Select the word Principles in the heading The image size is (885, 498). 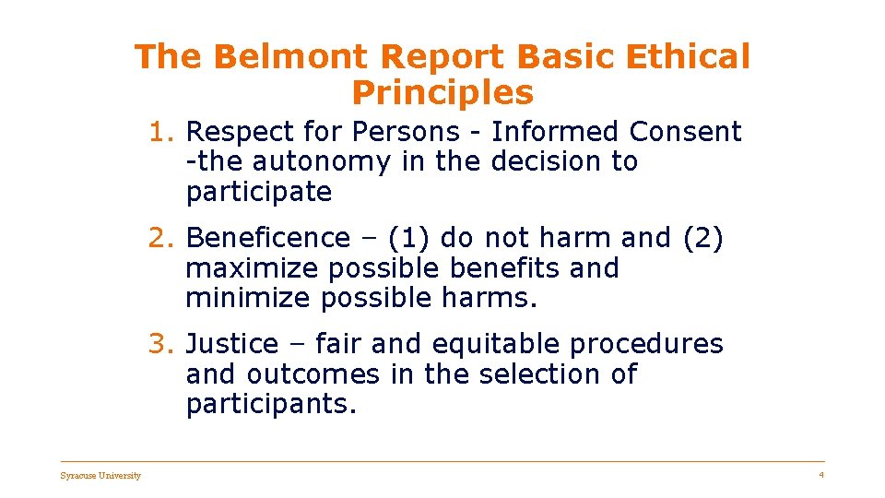coord(442,92)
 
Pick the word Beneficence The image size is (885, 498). coord(268,238)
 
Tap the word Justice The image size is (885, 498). coord(231,344)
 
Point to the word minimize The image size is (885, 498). coord(248,299)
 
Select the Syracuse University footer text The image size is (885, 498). coord(100,476)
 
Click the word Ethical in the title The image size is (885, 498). coord(689,57)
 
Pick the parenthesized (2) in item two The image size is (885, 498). coord(702,238)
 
